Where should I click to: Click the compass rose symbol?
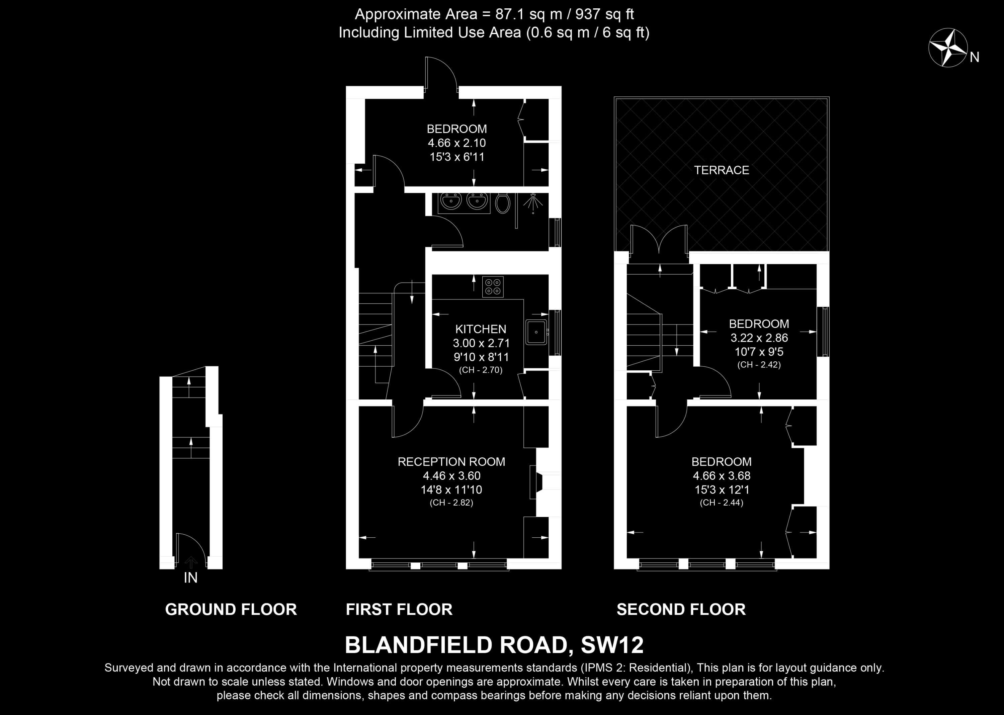coord(948,48)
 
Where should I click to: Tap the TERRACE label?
coord(721,170)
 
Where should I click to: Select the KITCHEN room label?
coord(481,329)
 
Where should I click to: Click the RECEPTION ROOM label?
coord(451,461)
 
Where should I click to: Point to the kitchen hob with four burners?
coord(493,287)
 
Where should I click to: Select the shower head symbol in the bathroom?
coord(533,202)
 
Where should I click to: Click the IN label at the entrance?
coord(191,577)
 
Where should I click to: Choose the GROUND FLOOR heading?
coord(231,609)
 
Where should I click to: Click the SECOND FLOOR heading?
coord(681,609)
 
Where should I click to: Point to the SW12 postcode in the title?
coord(612,645)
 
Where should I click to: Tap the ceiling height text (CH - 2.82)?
coord(451,502)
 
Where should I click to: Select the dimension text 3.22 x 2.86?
coord(759,338)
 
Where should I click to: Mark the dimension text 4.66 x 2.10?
coord(456,143)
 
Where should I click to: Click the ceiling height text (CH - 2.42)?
coord(759,365)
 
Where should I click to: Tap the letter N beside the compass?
coord(975,57)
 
